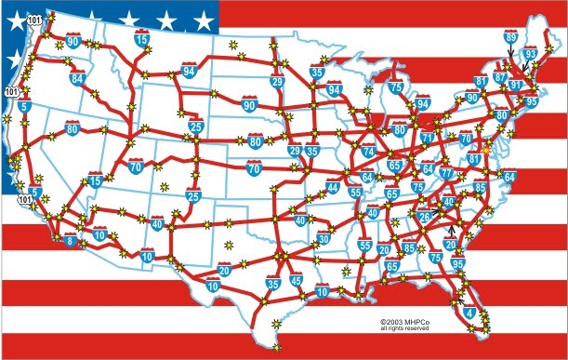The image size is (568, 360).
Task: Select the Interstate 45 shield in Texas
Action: coord(296,280)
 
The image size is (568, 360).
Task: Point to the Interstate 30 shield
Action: coord(323,239)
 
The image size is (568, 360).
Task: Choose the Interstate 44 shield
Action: coord(333,188)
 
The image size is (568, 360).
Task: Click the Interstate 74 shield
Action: coord(369,151)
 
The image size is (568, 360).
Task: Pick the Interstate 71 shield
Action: coord(428,139)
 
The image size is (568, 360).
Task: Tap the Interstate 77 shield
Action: coord(446,173)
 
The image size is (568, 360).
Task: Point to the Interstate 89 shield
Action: coord(510,38)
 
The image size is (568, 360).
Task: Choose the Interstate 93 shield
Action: coord(530,55)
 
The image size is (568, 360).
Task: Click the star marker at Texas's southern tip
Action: coord(276,324)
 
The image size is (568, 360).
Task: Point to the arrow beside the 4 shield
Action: coord(459,300)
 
